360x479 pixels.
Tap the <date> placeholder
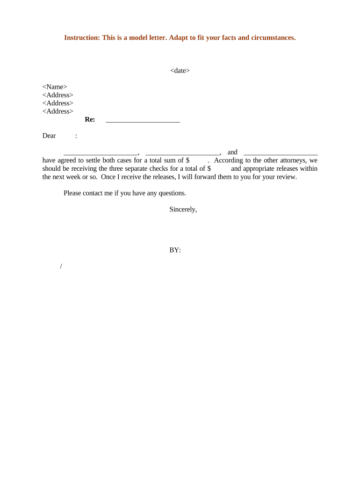(x=180, y=71)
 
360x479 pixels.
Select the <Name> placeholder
(x=55, y=87)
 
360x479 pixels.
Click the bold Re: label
(x=90, y=120)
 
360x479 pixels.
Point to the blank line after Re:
(x=143, y=121)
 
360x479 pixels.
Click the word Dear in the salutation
(x=49, y=136)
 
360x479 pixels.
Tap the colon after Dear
(x=76, y=136)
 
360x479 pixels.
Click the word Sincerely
(x=183, y=210)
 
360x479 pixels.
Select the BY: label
(x=175, y=250)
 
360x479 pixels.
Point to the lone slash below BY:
(x=61, y=267)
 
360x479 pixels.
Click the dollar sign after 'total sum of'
(x=187, y=160)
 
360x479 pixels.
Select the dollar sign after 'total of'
(x=209, y=169)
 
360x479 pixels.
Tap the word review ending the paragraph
(x=286, y=177)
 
